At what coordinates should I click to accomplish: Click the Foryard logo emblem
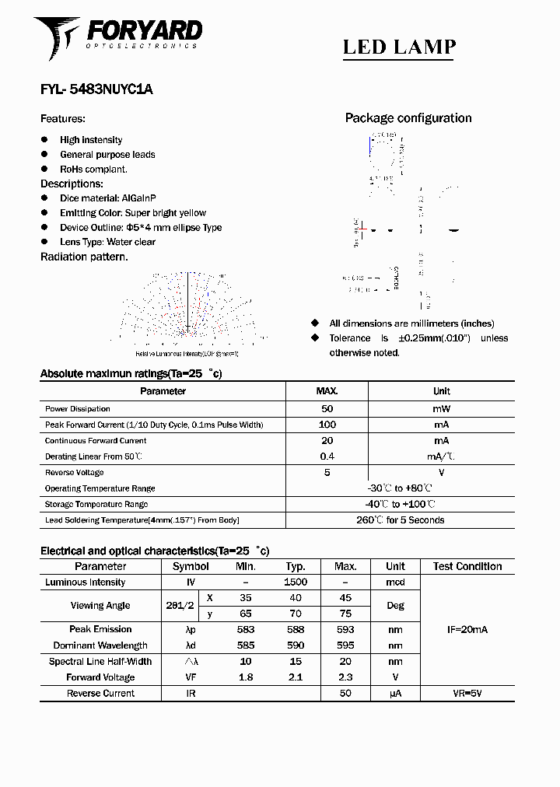pos(56,36)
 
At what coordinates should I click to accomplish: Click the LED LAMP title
pos(399,47)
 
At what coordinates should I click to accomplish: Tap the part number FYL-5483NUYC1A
pos(96,89)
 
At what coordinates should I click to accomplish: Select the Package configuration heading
pos(408,118)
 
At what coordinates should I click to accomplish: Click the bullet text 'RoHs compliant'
pos(93,169)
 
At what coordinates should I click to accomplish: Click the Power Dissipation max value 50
pos(327,409)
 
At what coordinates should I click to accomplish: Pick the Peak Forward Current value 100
pos(327,425)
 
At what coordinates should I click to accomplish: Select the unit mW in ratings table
pos(441,409)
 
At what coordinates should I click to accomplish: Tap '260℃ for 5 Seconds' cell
pos(401,520)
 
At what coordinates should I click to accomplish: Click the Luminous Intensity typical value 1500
pos(296,582)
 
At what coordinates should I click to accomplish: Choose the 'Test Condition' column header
pos(467,567)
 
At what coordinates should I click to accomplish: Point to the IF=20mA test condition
pos(467,630)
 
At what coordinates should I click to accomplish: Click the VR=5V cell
pos(467,693)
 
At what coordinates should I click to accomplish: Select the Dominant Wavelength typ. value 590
pos(296,645)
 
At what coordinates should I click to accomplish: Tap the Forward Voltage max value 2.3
pos(345,677)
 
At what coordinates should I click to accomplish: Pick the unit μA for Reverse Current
pos(395,693)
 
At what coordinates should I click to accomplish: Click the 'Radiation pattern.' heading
pos(84,257)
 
